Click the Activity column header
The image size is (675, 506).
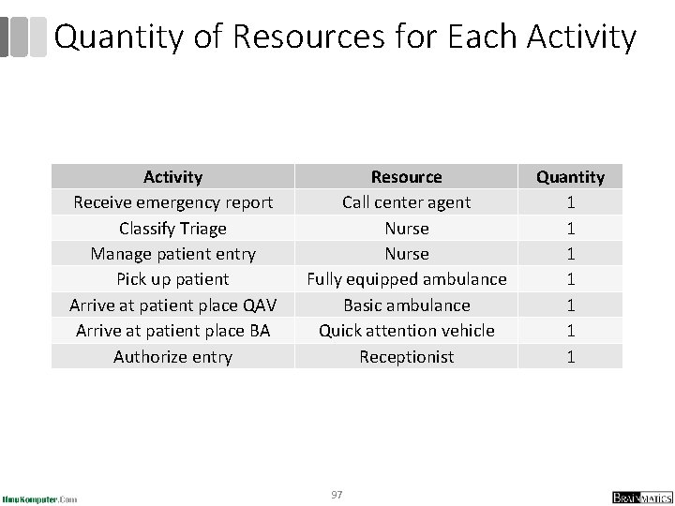point(172,176)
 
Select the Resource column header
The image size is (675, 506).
point(406,176)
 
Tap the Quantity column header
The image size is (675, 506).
point(570,176)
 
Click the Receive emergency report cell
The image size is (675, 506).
point(172,201)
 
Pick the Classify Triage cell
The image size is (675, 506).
point(172,228)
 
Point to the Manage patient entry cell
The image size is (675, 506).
point(172,253)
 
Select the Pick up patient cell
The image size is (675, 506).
point(172,279)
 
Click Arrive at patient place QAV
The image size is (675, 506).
point(172,305)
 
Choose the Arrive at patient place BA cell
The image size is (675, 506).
point(172,330)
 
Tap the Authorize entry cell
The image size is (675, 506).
point(172,356)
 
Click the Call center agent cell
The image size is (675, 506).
point(406,201)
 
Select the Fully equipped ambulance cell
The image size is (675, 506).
point(406,279)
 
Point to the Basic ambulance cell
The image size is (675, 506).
point(406,305)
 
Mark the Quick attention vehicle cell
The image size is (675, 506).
point(406,330)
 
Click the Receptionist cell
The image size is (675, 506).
point(406,356)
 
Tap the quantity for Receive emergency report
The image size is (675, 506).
point(570,201)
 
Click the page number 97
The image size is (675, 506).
point(337,493)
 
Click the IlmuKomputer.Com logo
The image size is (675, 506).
point(40,498)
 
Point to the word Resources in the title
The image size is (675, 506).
point(304,37)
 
